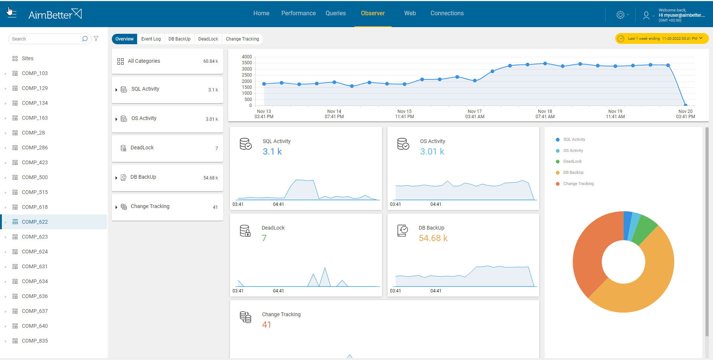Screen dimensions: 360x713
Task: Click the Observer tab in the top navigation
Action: pyautogui.click(x=373, y=13)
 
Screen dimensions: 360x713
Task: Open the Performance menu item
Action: pyautogui.click(x=298, y=13)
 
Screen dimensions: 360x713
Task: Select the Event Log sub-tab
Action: pyautogui.click(x=151, y=39)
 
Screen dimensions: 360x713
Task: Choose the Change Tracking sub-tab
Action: pyautogui.click(x=242, y=39)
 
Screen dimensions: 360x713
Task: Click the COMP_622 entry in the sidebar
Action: pyautogui.click(x=35, y=222)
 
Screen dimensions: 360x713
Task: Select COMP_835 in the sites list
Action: pyautogui.click(x=35, y=341)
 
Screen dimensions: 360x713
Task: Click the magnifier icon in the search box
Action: pyautogui.click(x=85, y=39)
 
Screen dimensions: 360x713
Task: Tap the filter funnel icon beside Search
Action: pyautogui.click(x=96, y=39)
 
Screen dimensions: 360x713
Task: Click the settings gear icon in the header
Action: pyautogui.click(x=620, y=15)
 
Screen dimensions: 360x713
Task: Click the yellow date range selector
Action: pyautogui.click(x=662, y=39)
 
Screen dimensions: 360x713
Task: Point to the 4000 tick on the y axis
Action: pyautogui.click(x=247, y=57)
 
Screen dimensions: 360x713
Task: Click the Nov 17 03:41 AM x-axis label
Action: pyautogui.click(x=474, y=114)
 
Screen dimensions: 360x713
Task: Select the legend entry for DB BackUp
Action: pyautogui.click(x=573, y=172)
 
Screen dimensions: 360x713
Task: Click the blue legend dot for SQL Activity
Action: pyautogui.click(x=558, y=140)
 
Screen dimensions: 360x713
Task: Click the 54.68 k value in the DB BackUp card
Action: pyautogui.click(x=433, y=238)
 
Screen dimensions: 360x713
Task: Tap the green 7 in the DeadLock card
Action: pyautogui.click(x=264, y=238)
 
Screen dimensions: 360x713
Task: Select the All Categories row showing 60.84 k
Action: pyautogui.click(x=167, y=61)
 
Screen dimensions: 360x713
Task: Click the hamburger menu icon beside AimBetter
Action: pyautogui.click(x=12, y=13)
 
